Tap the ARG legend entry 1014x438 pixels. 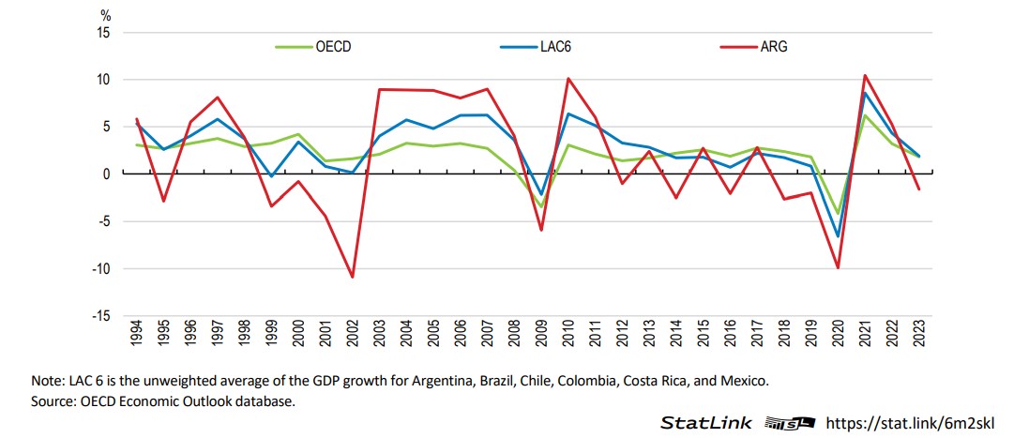775,46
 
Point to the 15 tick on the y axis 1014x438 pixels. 102,33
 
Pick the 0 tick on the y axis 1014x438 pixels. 106,174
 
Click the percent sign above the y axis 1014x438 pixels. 105,16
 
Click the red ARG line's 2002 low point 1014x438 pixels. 352,277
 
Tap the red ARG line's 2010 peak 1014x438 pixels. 568,79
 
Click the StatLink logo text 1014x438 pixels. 706,423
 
